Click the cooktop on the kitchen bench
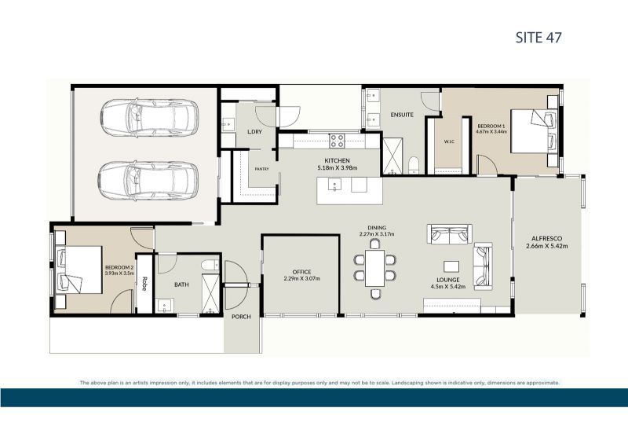pyautogui.click(x=337, y=141)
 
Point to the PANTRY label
pyautogui.click(x=261, y=169)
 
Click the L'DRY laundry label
pyautogui.click(x=254, y=131)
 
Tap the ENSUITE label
pyautogui.click(x=402, y=116)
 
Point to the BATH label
pyautogui.click(x=181, y=284)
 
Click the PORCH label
pyautogui.click(x=240, y=317)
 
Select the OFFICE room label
pyautogui.click(x=301, y=272)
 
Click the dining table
pyautogui.click(x=375, y=268)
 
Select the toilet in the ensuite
pyautogui.click(x=414, y=164)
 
